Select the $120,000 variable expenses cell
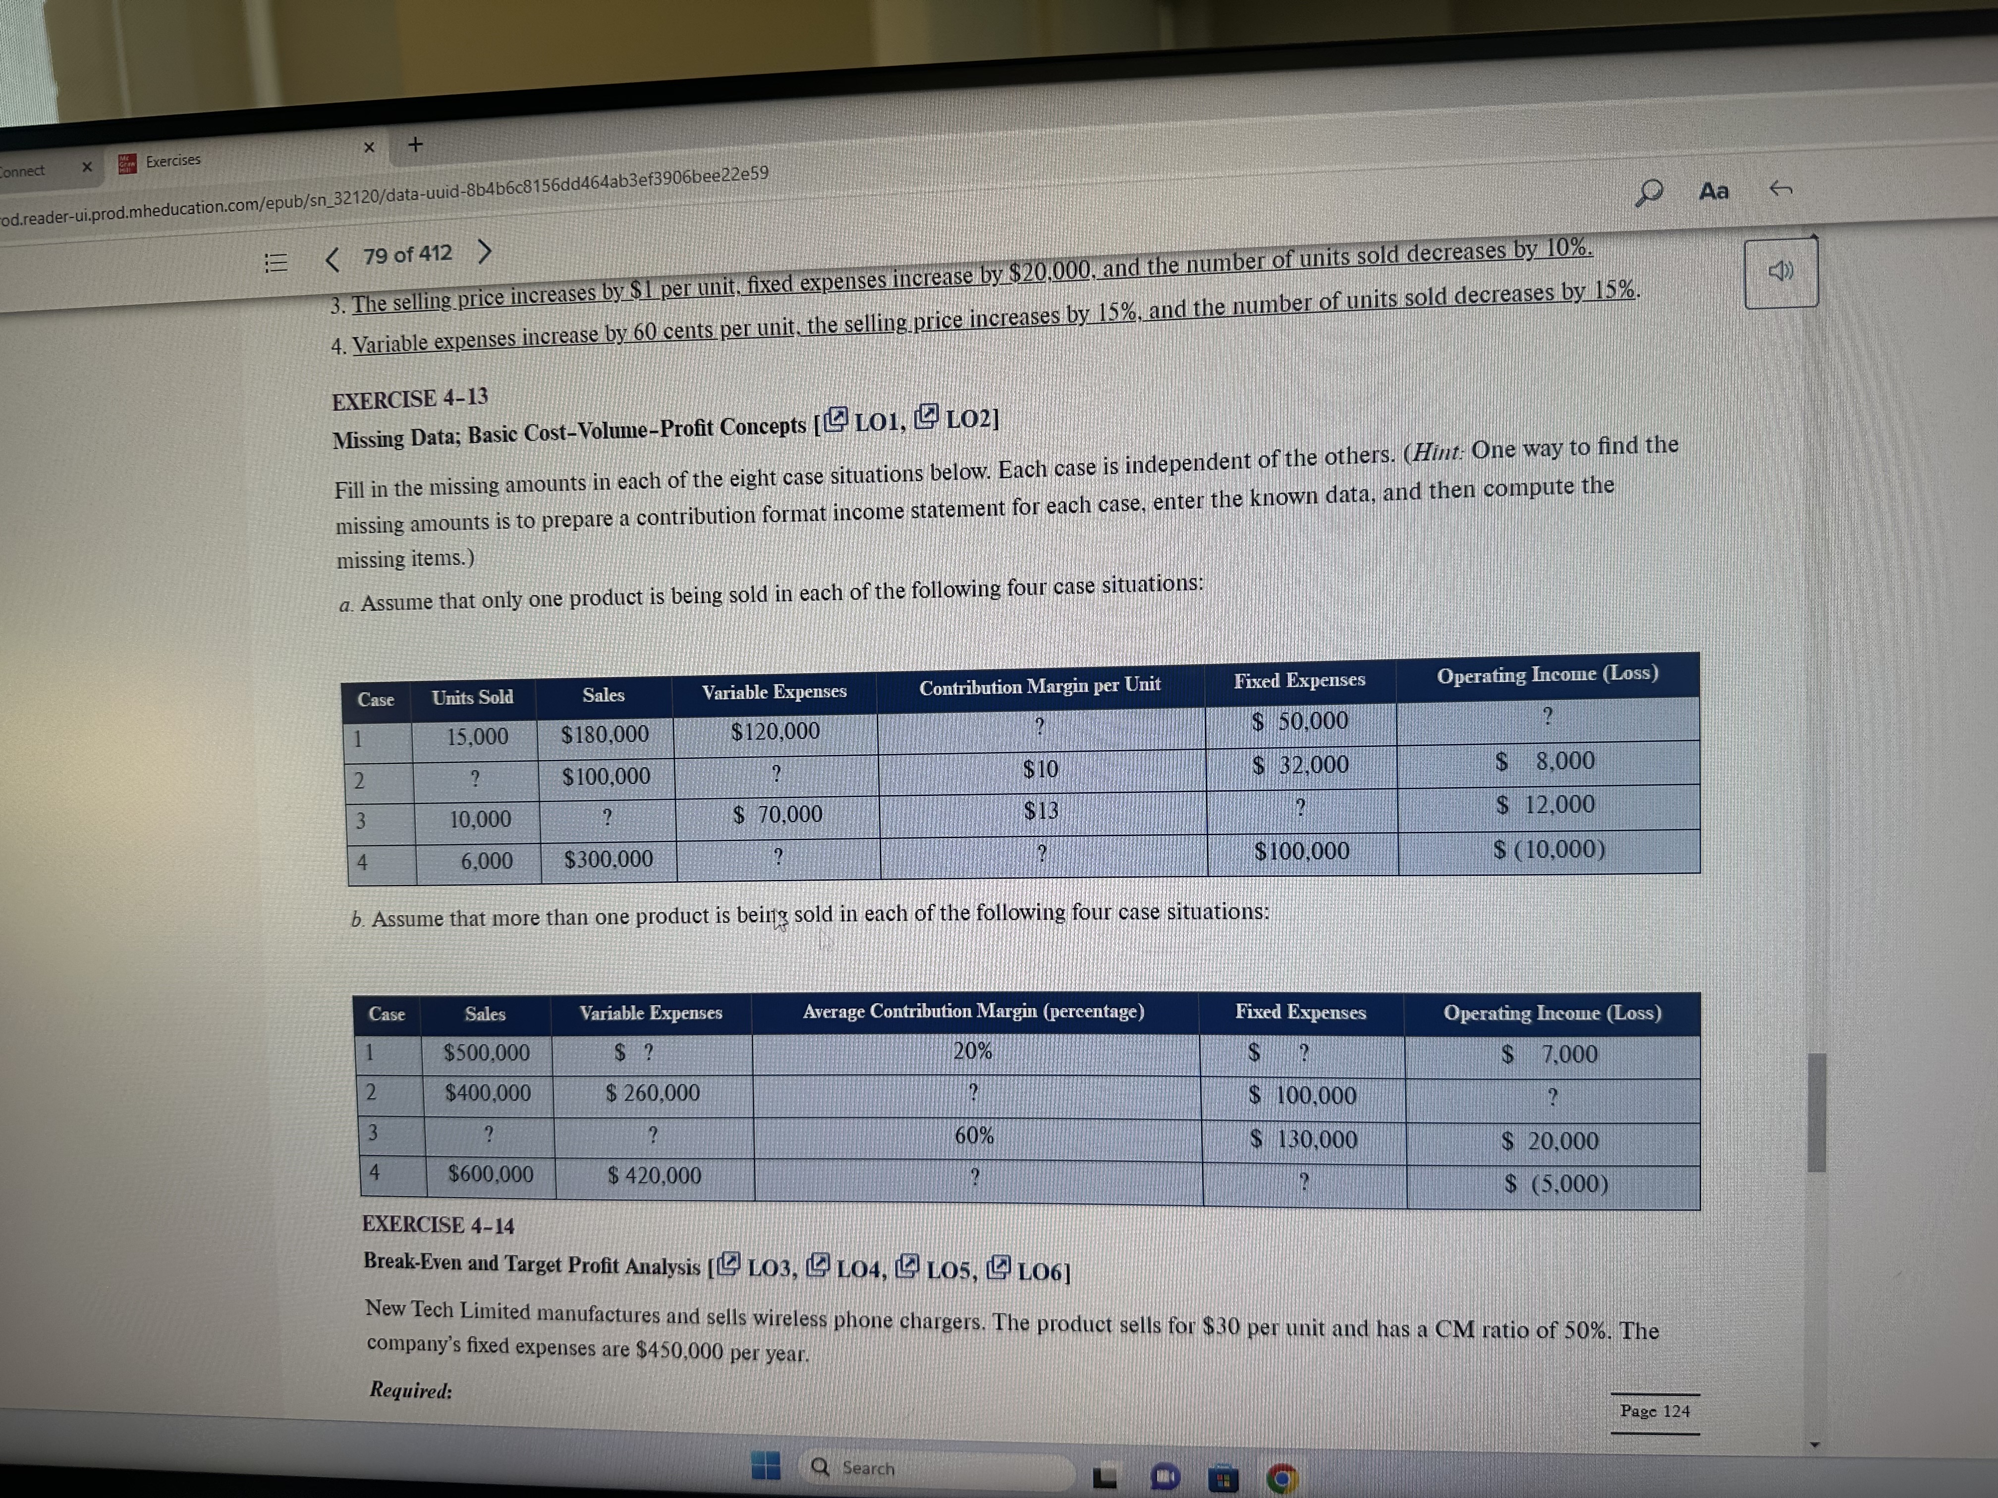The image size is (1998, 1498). coord(775,731)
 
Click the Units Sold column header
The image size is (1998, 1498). coord(472,697)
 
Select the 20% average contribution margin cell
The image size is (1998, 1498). coord(973,1051)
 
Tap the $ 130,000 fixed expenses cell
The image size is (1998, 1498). coord(1303,1139)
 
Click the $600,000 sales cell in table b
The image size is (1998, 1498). coord(491,1174)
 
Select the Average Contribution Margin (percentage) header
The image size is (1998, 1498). coord(973,1012)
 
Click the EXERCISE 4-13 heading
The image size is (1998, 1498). coord(410,398)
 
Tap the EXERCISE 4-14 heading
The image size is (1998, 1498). coord(438,1226)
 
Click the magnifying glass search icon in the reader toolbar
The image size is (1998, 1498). coord(1649,191)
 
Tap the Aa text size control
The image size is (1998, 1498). coord(1714,191)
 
